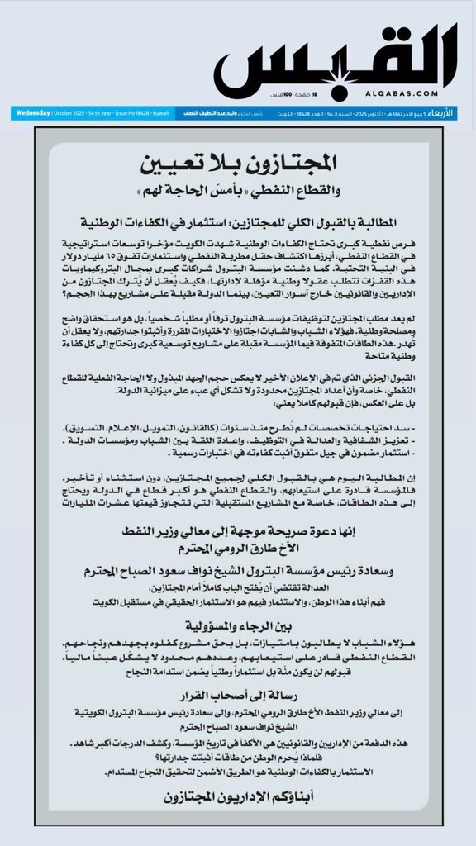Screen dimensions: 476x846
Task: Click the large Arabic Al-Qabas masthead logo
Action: click(337, 62)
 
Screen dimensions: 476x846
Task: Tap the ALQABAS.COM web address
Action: click(428, 94)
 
